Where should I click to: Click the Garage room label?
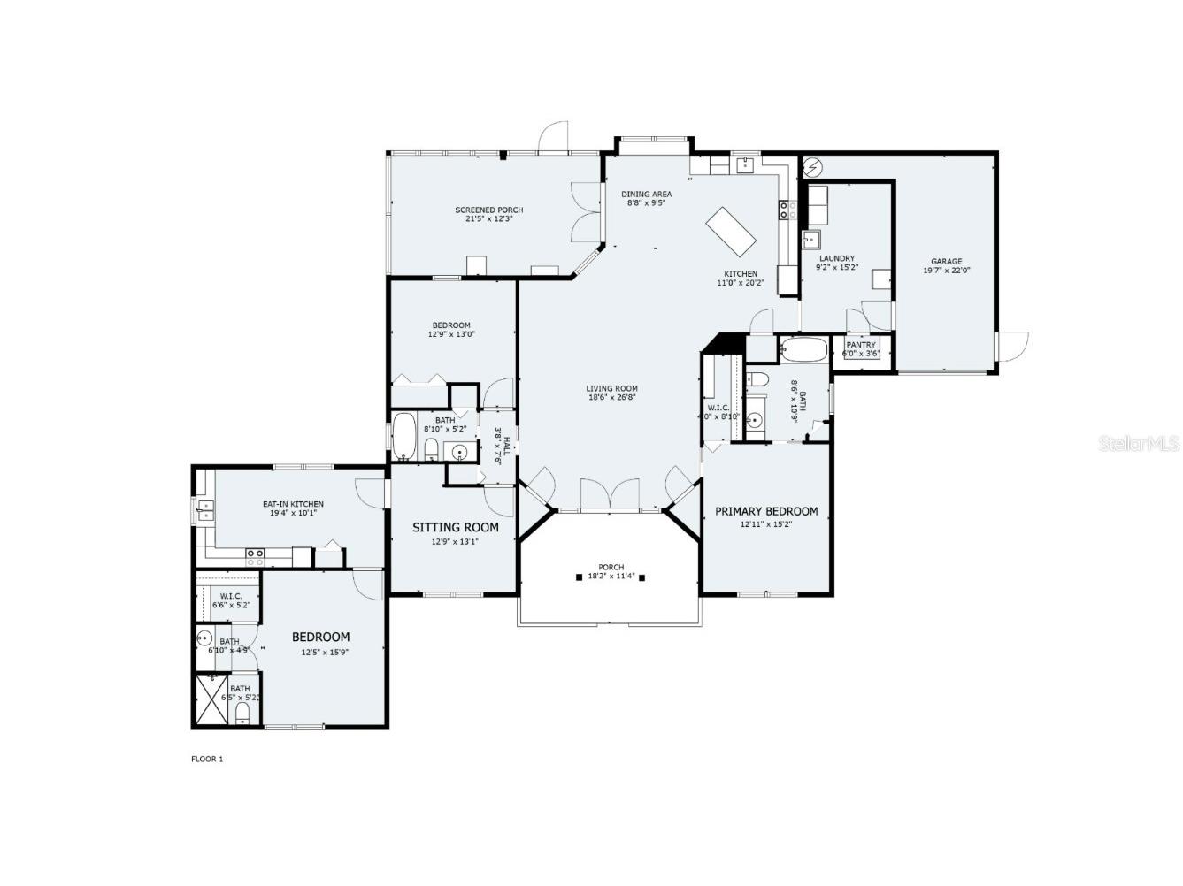point(946,262)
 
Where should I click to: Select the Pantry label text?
point(861,345)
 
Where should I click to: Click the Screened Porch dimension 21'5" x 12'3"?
point(489,219)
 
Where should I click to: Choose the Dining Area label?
point(646,195)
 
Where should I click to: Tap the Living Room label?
point(611,388)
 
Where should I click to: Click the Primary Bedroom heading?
point(766,511)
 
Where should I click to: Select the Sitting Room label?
point(455,528)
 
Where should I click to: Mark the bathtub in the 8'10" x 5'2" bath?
point(403,437)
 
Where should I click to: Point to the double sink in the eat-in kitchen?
point(205,511)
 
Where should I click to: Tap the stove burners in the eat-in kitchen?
point(255,556)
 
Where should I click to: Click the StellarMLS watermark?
point(1138,443)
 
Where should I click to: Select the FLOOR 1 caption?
point(207,759)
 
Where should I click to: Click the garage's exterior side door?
point(1011,346)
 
